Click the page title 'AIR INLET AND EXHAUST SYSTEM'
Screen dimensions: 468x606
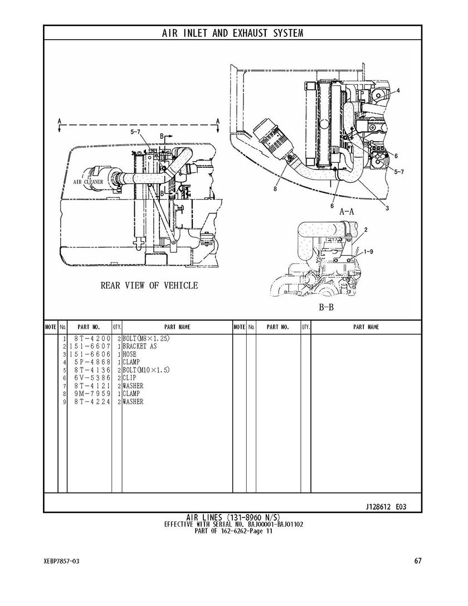[x=232, y=33]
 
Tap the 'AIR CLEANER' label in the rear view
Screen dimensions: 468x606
[x=89, y=182]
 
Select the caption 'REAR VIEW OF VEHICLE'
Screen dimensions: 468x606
[x=149, y=285]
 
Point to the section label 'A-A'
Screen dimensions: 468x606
[x=347, y=211]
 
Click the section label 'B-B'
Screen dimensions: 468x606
[x=326, y=308]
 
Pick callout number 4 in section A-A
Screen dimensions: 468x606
[x=398, y=91]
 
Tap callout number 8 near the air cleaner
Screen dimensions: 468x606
[x=275, y=190]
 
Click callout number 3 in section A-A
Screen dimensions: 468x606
[x=387, y=209]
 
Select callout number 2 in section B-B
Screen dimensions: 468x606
[x=365, y=230]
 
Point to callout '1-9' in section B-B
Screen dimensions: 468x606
[x=368, y=251]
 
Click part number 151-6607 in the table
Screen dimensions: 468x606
[x=90, y=346]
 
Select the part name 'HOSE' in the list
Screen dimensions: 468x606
[x=129, y=355]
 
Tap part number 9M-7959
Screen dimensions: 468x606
[x=92, y=394]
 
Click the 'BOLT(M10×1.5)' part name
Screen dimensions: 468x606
[x=146, y=370]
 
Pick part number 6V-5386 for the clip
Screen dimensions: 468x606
[x=92, y=378]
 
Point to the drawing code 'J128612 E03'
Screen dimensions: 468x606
[x=386, y=507]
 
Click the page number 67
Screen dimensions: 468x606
[x=417, y=561]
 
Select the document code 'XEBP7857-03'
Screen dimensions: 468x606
[x=62, y=561]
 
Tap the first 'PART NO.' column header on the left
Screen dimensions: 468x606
[x=89, y=327]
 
